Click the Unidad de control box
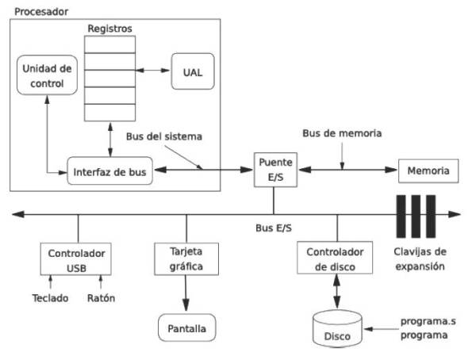click(x=47, y=75)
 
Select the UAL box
click(x=193, y=71)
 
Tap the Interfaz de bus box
click(x=109, y=171)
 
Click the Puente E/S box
click(x=275, y=170)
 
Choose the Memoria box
click(x=428, y=170)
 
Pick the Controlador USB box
click(x=76, y=259)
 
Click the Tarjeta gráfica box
click(x=186, y=259)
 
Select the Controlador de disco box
click(x=335, y=258)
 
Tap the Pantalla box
click(x=186, y=327)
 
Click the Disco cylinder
click(x=337, y=328)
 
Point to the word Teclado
click(x=50, y=298)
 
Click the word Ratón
click(x=101, y=298)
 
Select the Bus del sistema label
click(x=164, y=136)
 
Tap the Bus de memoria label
click(x=342, y=133)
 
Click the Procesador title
click(x=41, y=12)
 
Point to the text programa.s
click(x=428, y=321)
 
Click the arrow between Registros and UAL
click(x=152, y=71)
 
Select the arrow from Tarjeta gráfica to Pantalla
click(x=186, y=293)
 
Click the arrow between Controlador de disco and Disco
click(x=336, y=291)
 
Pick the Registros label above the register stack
click(x=110, y=29)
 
